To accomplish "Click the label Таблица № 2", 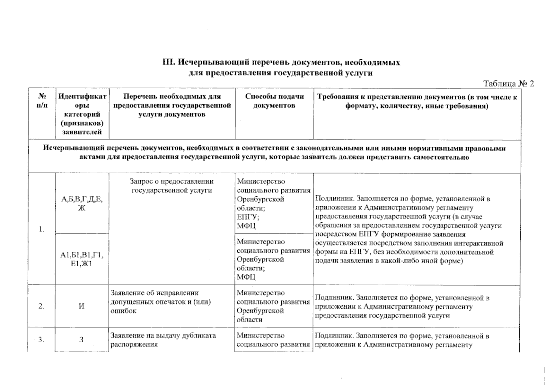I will click(x=508, y=84).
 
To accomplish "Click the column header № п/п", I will click(x=42, y=101).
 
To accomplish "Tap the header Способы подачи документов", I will click(x=274, y=101).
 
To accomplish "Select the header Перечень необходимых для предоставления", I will click(x=172, y=105).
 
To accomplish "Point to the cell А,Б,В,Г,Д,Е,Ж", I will click(x=82, y=203).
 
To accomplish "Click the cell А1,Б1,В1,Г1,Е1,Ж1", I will click(x=82, y=259).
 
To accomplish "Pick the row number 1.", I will click(x=41, y=229).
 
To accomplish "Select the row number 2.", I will click(x=41, y=306).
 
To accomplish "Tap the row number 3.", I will click(x=41, y=340).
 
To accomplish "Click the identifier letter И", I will click(x=82, y=306).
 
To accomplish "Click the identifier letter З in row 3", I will click(x=82, y=340).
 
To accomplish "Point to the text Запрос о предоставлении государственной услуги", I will click(x=172, y=186).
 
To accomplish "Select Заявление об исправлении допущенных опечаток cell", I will click(x=161, y=302).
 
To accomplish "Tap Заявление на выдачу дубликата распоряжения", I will click(x=163, y=340).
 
